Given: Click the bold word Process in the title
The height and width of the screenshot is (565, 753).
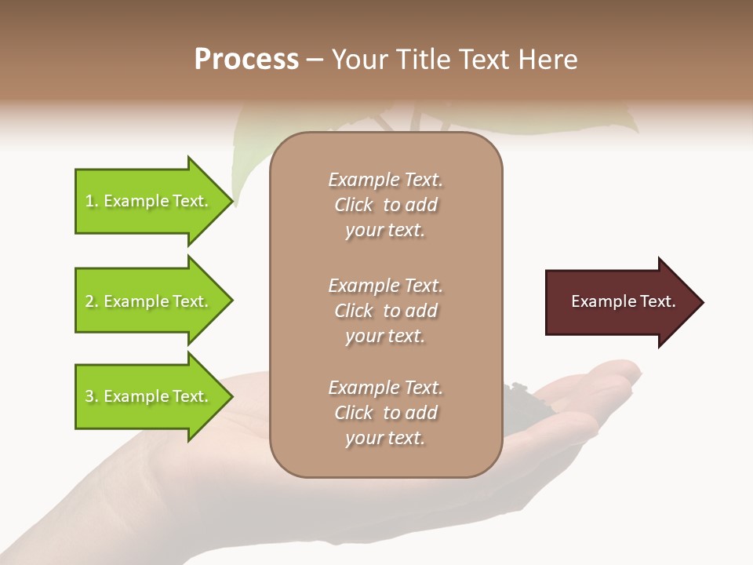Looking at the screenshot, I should tap(246, 60).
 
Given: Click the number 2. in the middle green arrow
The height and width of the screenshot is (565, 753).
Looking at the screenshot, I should tap(92, 301).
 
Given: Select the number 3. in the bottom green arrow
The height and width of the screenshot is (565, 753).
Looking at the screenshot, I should tap(92, 396).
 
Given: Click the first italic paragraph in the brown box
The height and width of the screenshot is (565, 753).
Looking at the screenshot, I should tap(385, 205).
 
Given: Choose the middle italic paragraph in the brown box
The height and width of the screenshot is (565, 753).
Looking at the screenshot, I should tap(385, 311).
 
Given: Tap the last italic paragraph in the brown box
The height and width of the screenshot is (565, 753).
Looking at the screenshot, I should tap(385, 413).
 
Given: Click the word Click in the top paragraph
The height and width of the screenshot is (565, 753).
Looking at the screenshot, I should tap(354, 205).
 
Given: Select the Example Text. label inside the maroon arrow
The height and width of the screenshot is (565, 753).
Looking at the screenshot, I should tap(623, 301).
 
